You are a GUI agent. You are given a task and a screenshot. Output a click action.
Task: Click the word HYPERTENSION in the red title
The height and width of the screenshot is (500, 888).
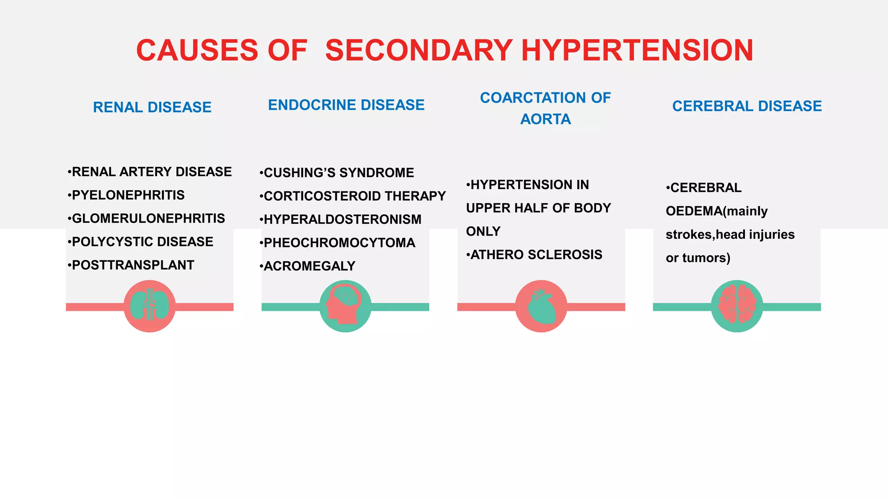637,50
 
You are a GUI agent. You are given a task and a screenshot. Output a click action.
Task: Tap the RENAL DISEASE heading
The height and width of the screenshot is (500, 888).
152,107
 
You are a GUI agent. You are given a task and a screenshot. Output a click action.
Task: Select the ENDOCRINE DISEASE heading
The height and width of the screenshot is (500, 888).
346,105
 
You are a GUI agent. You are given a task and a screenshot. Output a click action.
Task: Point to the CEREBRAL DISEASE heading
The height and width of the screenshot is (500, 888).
747,106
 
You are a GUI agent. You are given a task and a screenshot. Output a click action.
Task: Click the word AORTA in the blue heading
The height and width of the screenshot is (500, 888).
545,119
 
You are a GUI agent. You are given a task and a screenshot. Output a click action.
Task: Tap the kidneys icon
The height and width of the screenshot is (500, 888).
150,306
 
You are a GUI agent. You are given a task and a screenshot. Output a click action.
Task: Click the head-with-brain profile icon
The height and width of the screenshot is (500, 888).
345,306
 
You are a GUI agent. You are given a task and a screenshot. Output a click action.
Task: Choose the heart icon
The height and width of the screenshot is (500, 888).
541,306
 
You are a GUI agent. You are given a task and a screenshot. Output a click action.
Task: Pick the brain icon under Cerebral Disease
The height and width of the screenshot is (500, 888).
737,306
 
